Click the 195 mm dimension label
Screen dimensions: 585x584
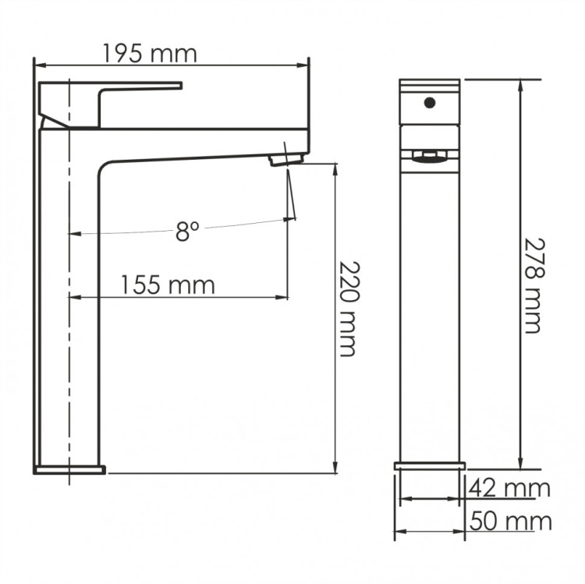click(149, 54)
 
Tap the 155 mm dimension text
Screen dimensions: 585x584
click(168, 285)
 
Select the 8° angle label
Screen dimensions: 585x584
click(187, 231)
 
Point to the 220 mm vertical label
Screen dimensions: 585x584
click(349, 310)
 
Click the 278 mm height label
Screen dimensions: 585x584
click(534, 285)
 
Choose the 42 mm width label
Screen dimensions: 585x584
click(509, 488)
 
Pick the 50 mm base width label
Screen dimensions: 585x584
click(510, 521)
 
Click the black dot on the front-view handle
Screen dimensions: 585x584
click(430, 103)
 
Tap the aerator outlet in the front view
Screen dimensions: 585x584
click(430, 156)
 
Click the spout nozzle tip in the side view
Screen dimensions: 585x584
click(286, 160)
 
